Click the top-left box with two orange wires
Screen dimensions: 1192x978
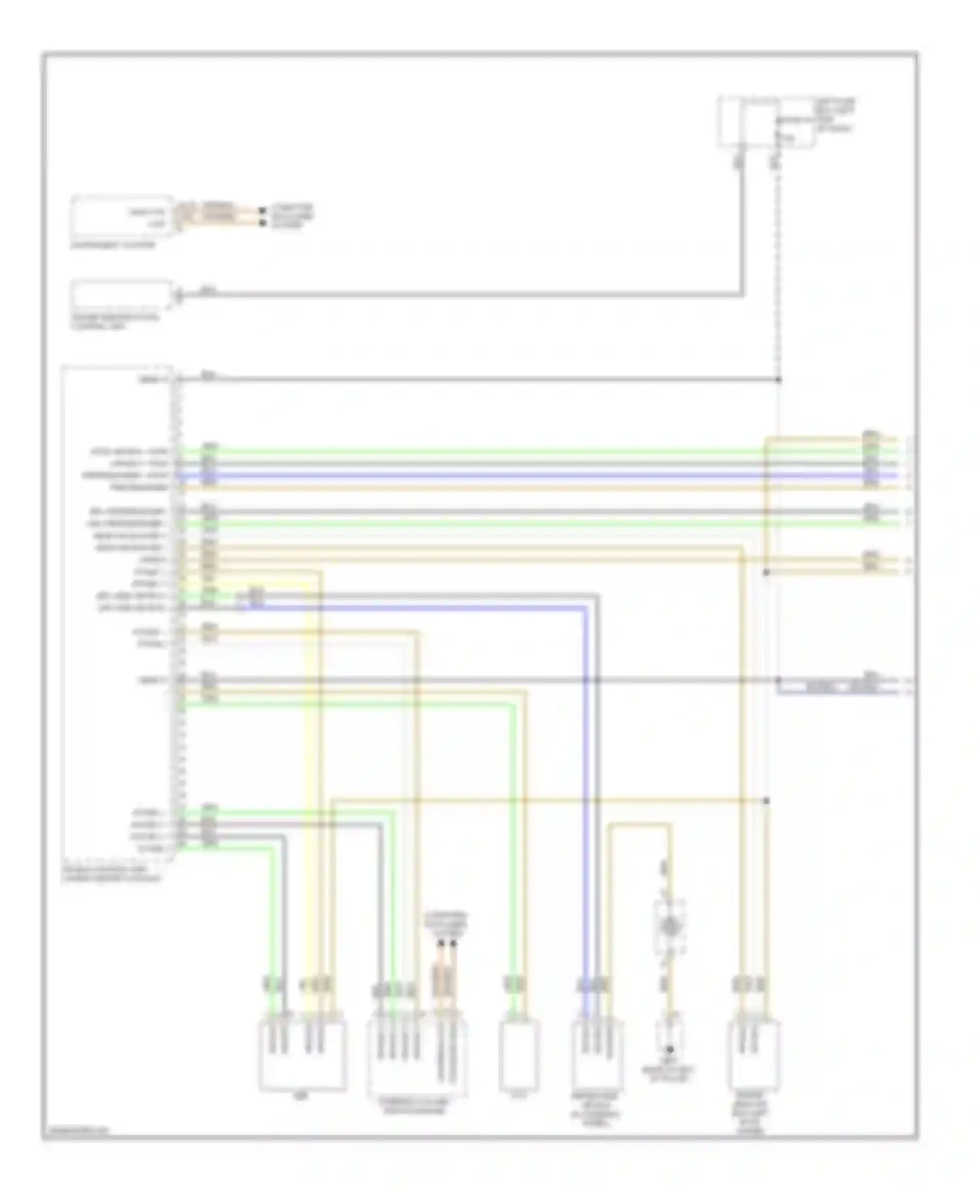(x=122, y=216)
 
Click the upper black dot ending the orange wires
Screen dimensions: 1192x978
(x=262, y=211)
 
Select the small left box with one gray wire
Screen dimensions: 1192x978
(x=122, y=296)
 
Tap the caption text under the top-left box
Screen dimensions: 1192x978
(x=113, y=245)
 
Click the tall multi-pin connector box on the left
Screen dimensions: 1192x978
(x=117, y=613)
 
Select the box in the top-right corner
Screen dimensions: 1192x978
(x=767, y=123)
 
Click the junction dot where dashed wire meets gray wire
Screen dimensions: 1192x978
(x=778, y=380)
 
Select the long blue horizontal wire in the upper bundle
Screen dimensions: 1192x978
(x=489, y=476)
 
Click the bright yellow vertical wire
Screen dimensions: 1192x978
(x=307, y=782)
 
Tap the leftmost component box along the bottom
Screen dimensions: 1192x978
(x=302, y=1055)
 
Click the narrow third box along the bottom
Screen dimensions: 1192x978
(x=519, y=1055)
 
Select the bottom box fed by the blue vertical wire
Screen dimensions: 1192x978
(x=596, y=1055)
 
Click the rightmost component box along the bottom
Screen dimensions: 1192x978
(x=754, y=1055)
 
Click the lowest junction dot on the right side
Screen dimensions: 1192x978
(x=766, y=800)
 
